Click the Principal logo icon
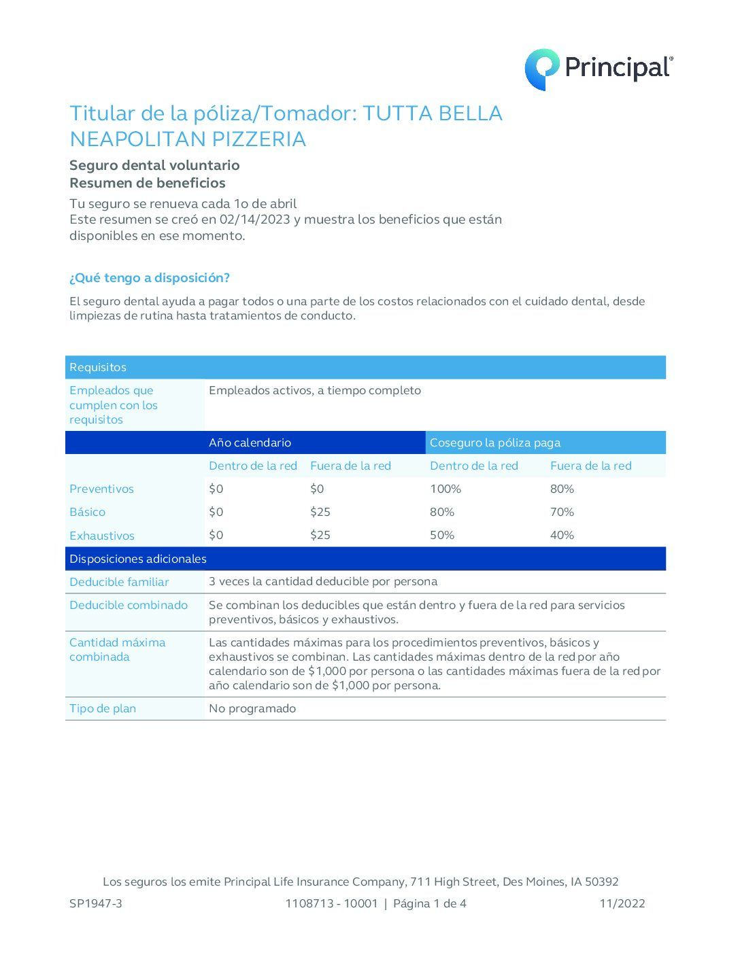541,69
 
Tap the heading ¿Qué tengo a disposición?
150,278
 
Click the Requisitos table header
98,367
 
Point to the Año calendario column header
250,442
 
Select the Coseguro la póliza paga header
495,442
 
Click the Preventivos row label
101,489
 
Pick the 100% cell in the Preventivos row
445,489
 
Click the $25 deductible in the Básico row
320,512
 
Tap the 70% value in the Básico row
562,512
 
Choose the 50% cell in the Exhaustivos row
442,535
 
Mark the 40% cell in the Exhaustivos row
562,535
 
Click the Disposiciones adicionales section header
138,559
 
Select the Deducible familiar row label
119,582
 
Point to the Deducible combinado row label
129,605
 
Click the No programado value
252,708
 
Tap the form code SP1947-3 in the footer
96,903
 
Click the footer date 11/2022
622,903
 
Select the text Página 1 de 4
430,903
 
